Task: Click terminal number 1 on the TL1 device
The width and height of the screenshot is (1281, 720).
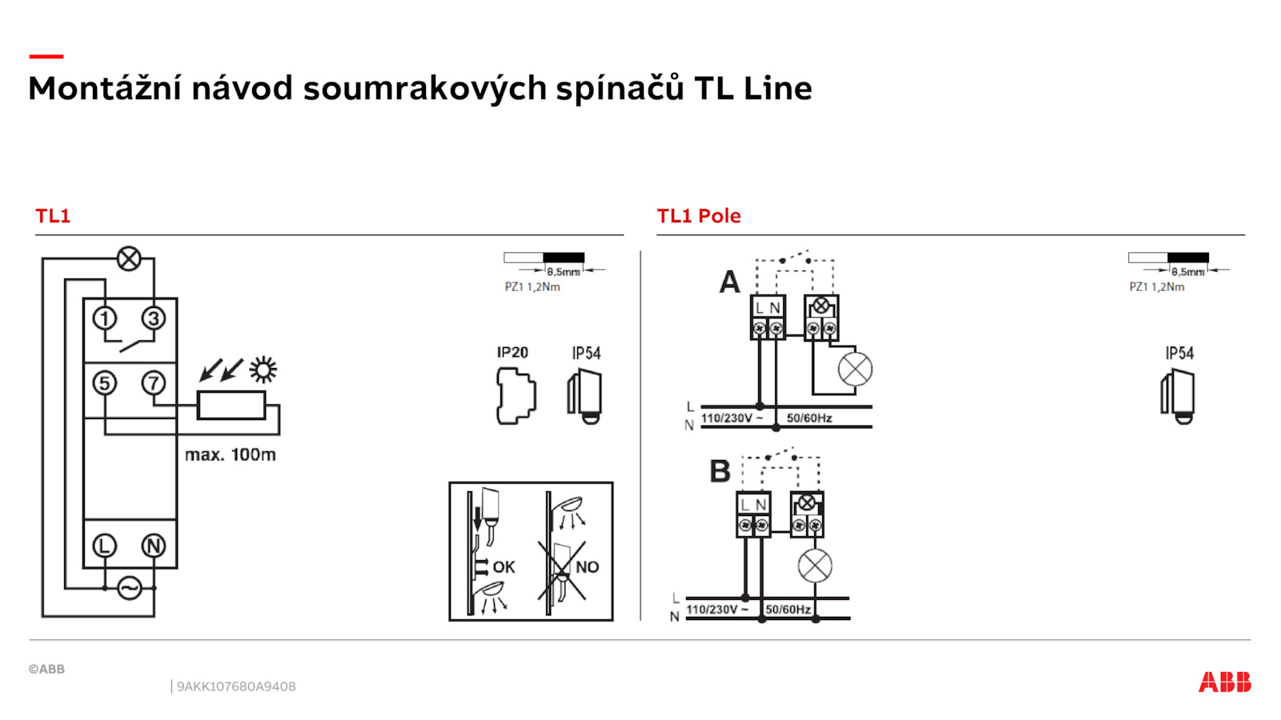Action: click(x=105, y=318)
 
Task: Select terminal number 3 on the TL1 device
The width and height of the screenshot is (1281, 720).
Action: click(x=153, y=318)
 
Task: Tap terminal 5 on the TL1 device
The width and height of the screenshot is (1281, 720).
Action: click(x=105, y=383)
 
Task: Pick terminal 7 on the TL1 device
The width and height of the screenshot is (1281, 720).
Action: click(x=153, y=383)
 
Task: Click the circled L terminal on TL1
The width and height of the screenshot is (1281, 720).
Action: click(x=105, y=546)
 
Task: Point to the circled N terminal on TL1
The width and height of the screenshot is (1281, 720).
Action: click(x=153, y=546)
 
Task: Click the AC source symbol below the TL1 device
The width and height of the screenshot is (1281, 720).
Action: click(x=129, y=588)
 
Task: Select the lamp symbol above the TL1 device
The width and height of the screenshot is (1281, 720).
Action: click(x=129, y=259)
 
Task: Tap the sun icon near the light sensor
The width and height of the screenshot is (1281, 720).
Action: click(x=263, y=370)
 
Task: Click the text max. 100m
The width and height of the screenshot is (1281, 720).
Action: click(x=231, y=455)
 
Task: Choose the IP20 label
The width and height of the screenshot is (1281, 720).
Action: click(x=512, y=353)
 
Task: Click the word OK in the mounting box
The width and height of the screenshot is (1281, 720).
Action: click(x=504, y=567)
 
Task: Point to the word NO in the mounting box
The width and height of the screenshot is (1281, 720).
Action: click(x=588, y=567)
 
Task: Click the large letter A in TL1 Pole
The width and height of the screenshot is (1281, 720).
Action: click(x=729, y=282)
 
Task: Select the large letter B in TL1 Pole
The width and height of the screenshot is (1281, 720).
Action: click(x=720, y=471)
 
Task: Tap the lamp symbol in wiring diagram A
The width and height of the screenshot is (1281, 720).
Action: click(x=855, y=369)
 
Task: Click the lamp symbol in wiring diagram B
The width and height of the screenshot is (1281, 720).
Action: click(x=815, y=566)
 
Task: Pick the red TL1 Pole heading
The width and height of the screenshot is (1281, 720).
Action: click(x=698, y=216)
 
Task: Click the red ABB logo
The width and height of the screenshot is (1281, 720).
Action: click(x=1225, y=682)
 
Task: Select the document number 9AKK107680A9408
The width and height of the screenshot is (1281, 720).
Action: click(x=236, y=686)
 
